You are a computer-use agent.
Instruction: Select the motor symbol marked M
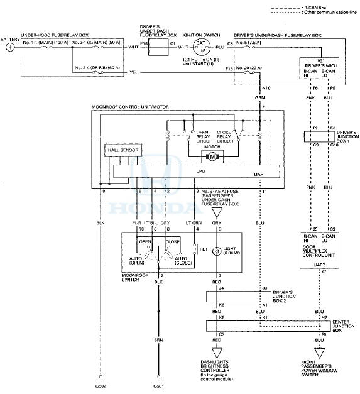click(x=212, y=156)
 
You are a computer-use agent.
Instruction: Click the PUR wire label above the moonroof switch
click(x=138, y=222)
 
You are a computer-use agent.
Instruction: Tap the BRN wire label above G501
click(x=158, y=341)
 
